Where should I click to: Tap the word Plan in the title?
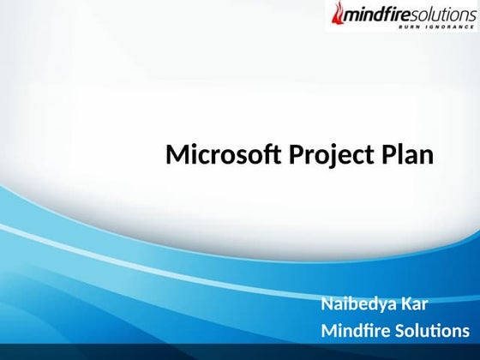click(x=406, y=156)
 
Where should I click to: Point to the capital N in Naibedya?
click(x=327, y=304)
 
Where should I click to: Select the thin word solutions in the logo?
click(x=439, y=15)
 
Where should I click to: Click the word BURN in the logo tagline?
click(x=411, y=27)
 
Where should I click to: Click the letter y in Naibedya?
click(x=386, y=306)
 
